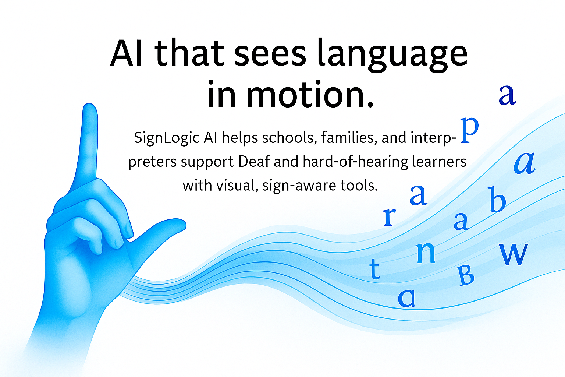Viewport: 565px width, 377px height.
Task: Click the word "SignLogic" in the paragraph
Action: tap(167, 138)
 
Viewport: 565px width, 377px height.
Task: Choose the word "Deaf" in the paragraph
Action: tap(254, 161)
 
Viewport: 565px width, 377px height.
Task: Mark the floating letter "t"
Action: tap(374, 269)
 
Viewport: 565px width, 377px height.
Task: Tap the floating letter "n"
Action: tap(426, 253)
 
